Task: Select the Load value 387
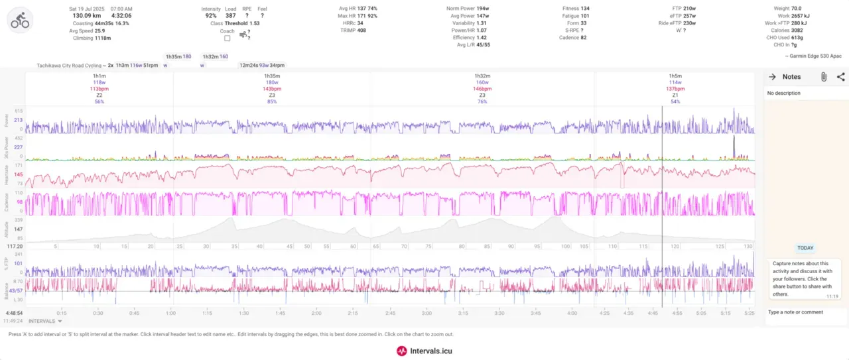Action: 230,15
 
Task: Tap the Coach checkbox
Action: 228,38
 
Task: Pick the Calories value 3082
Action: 798,30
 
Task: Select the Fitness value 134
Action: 585,9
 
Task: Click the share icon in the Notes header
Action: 840,77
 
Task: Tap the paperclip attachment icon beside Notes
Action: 823,77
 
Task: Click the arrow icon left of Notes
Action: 772,77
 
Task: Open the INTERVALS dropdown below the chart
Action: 45,321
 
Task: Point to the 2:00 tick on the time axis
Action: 316,313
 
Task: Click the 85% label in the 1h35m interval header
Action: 272,101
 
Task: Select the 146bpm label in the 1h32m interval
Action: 482,89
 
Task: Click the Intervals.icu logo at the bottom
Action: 424,351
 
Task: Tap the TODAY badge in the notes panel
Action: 805,248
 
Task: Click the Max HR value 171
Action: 362,15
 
